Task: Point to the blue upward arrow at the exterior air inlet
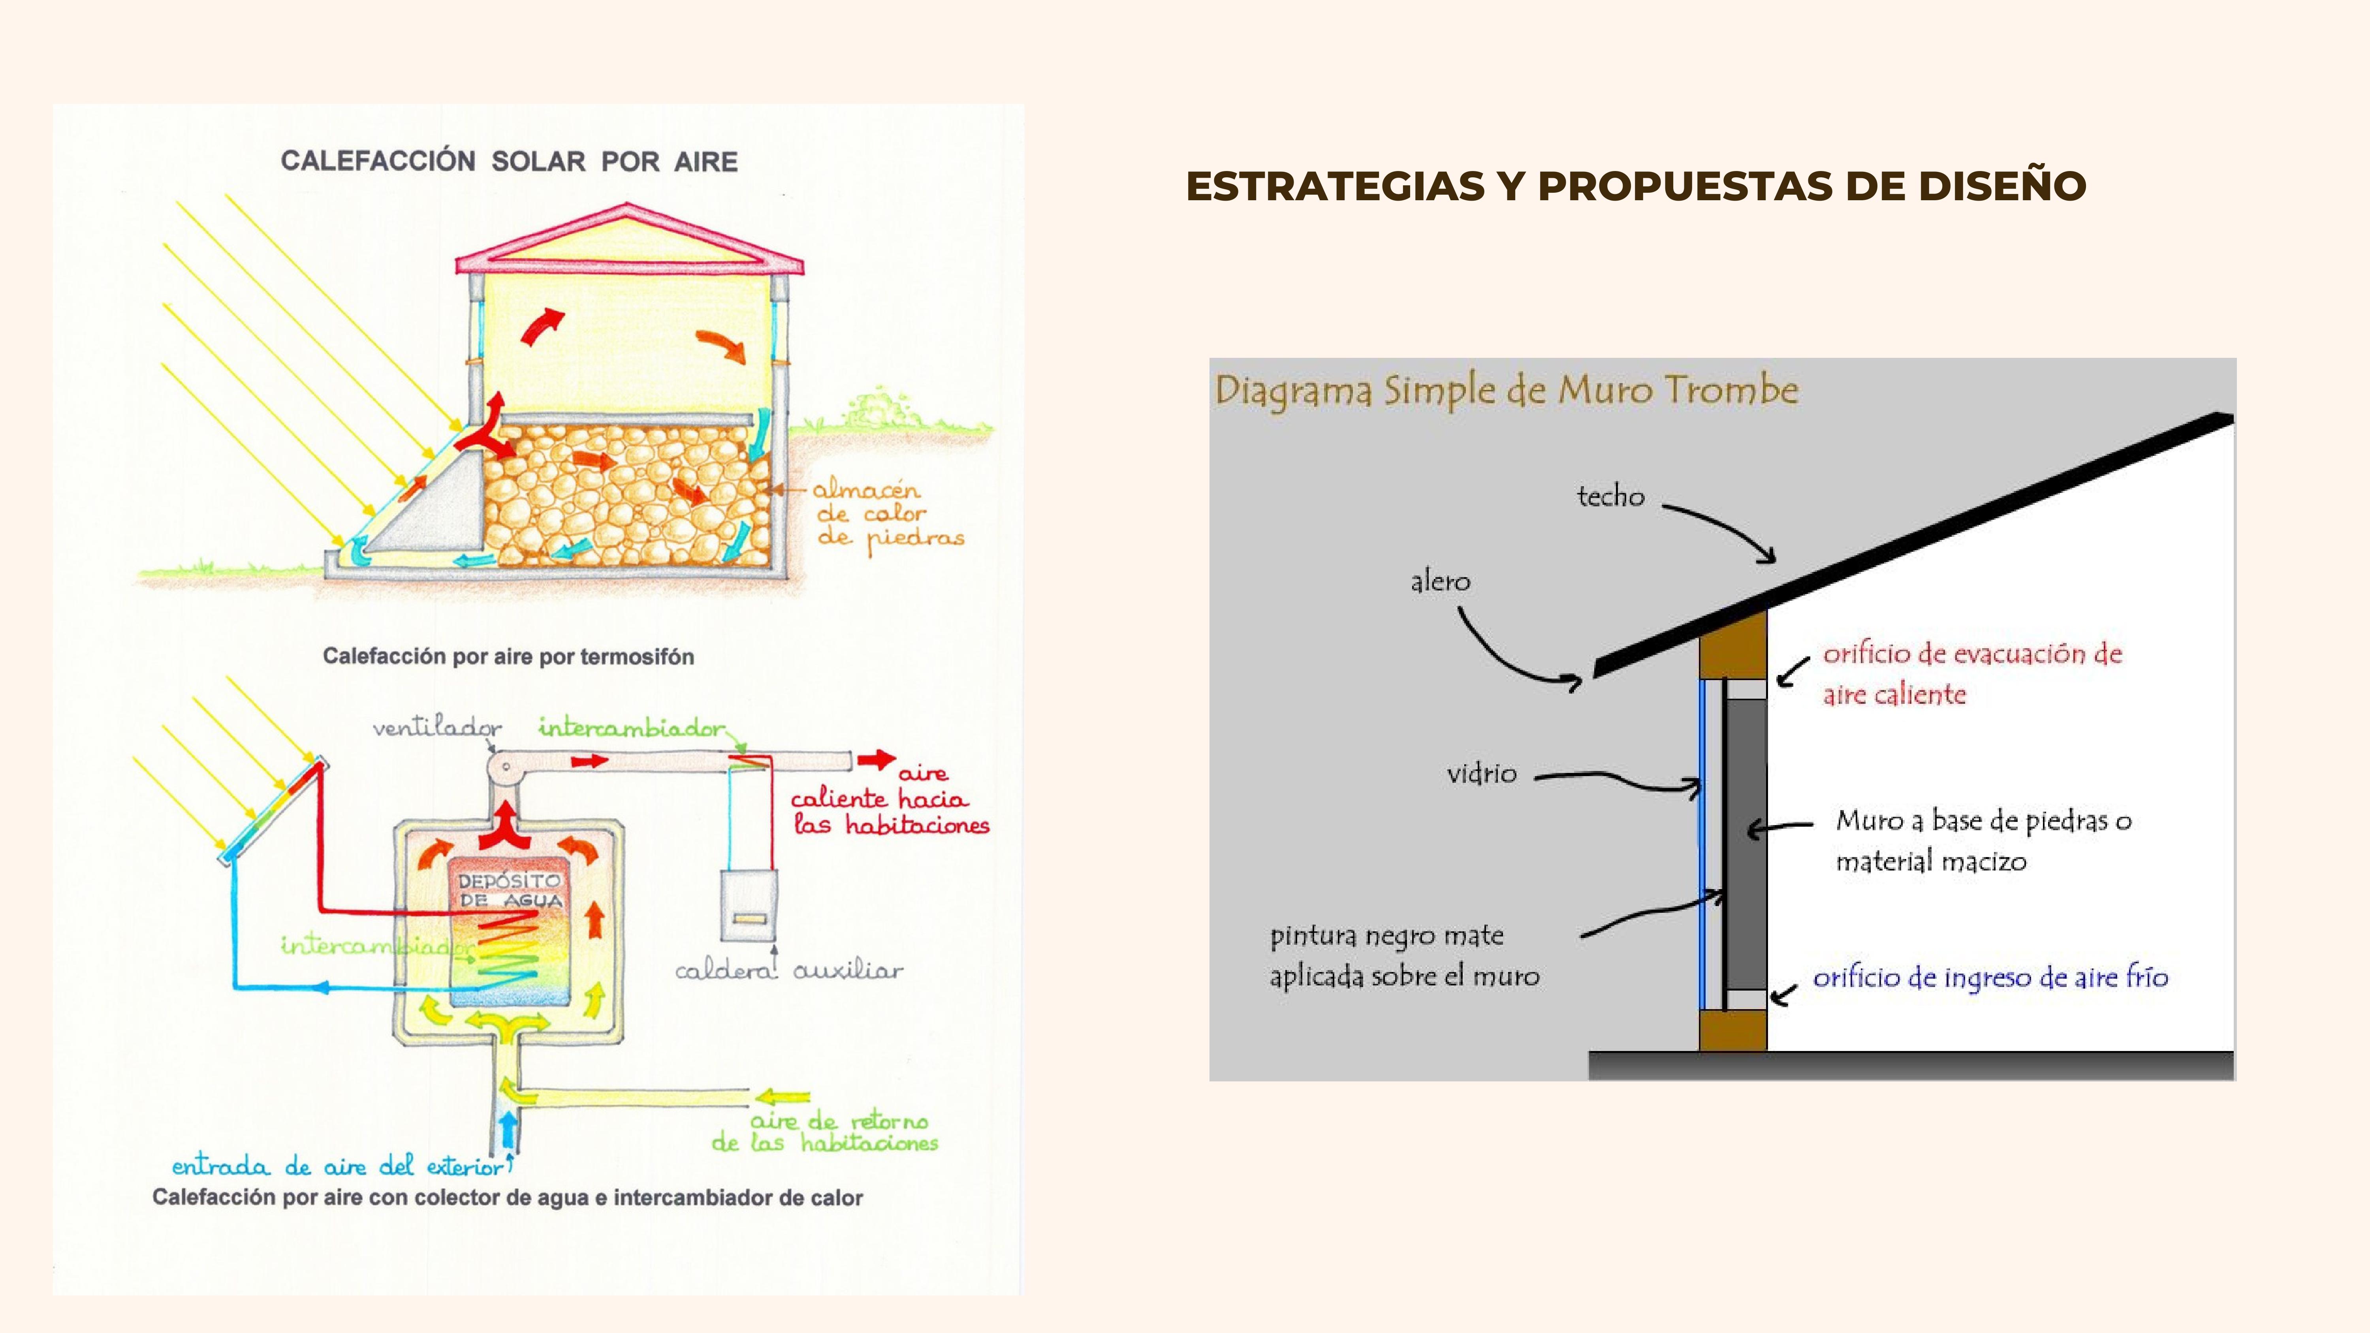(507, 1130)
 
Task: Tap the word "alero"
(1440, 581)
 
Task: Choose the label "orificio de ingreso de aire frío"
(1990, 977)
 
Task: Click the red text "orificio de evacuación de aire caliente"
(1971, 673)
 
